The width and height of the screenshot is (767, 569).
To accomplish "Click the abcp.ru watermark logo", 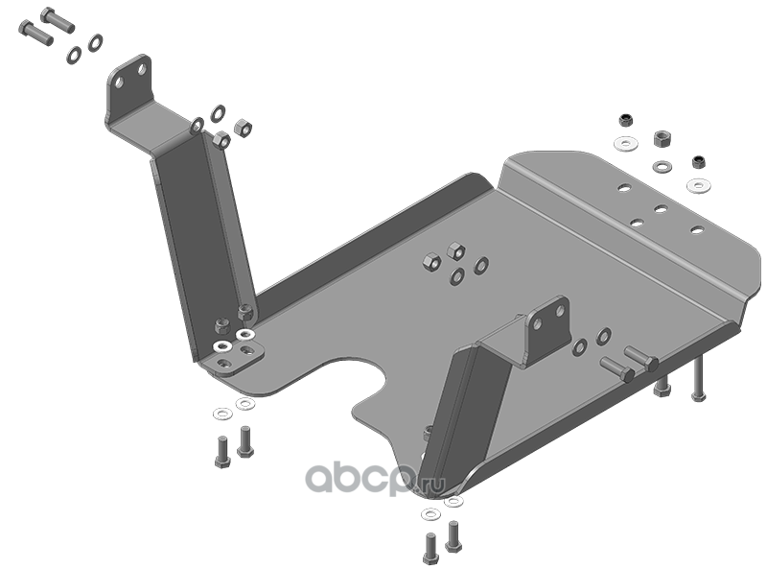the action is coord(375,478).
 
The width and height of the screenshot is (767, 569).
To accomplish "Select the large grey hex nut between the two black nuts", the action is coord(662,138).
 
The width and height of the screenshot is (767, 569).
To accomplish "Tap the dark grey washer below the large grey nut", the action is coord(662,167).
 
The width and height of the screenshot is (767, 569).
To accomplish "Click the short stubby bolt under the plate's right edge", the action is coord(662,387).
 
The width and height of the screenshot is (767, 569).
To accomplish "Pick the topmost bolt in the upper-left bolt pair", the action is coord(58,19).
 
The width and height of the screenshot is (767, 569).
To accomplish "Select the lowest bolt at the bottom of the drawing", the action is coord(430,549).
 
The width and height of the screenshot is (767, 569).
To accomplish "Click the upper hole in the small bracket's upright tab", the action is coord(560,310).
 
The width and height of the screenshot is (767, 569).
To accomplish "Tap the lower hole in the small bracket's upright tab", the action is coord(538,324).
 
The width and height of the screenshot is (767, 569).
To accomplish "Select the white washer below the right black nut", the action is coord(697,185).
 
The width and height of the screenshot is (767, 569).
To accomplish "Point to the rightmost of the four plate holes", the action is coord(697,229).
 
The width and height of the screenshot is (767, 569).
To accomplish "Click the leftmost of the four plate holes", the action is coord(624,187).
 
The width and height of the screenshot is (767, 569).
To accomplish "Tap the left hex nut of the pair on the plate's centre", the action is coord(432,262).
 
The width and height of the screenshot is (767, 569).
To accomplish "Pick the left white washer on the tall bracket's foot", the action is coord(222,346).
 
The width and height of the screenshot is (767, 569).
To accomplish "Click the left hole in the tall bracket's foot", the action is coord(224,363).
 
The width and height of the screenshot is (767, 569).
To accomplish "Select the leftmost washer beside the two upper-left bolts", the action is coord(75,55).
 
